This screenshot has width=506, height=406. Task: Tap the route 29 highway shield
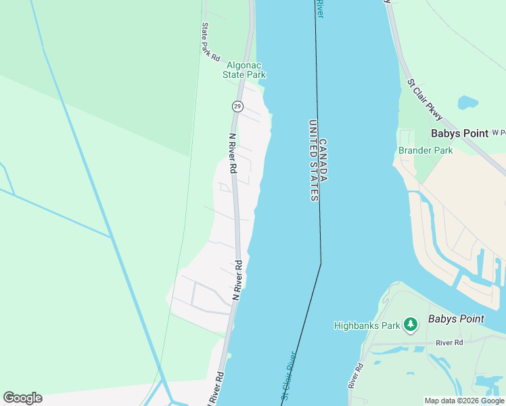click(237, 106)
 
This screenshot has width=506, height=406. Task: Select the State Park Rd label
click(210, 43)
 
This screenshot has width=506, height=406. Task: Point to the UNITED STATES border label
click(313, 160)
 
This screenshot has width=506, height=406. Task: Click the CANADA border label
click(323, 160)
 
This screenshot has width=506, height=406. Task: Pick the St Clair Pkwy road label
click(423, 95)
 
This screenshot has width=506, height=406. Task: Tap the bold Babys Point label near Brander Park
click(459, 133)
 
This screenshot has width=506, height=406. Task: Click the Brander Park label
click(425, 150)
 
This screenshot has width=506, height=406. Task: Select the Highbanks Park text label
click(366, 325)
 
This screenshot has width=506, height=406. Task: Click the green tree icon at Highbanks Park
click(410, 325)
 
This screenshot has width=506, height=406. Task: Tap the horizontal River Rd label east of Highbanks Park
click(449, 342)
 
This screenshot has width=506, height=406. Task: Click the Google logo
click(22, 398)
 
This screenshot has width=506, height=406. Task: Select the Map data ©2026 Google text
click(464, 401)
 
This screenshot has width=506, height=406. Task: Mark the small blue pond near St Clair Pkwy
click(467, 103)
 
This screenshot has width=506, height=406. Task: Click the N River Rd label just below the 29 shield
click(232, 153)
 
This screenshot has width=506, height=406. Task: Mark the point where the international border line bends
click(321, 263)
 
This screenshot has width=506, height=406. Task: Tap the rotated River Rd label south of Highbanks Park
click(355, 375)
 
